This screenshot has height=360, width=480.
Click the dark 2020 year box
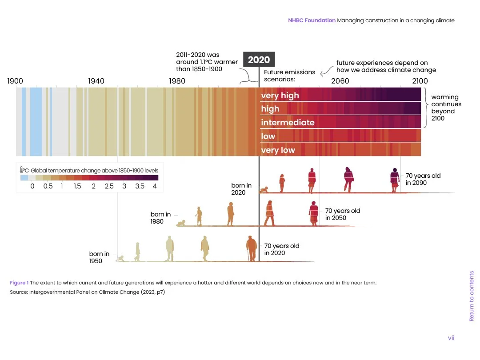pos(259,60)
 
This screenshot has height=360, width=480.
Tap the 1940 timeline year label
pos(96,81)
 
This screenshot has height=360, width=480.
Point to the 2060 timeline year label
pos(340,81)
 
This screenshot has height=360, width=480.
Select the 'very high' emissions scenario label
pos(280,96)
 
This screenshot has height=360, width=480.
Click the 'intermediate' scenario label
pos(288,123)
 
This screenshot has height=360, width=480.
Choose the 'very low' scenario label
pos(278,150)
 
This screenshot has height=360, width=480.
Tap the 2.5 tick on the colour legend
pos(109,186)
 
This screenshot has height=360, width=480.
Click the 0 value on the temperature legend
pos(32,186)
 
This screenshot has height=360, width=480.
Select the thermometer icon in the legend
pos(22,170)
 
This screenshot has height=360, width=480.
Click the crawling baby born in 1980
pos(181,223)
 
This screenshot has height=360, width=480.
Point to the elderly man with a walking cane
pos(251,248)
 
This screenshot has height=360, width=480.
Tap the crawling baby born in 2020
pos(264,190)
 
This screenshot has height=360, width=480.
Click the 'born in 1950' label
pos(99,257)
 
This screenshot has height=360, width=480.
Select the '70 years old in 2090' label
pos(423,179)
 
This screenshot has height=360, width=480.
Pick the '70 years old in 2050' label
pos(343,214)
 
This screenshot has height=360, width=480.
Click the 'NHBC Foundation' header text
pos(312,20)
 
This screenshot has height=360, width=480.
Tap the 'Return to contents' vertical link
pos(472,296)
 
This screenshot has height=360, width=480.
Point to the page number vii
pos(451,338)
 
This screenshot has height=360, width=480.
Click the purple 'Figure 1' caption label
pos(19,283)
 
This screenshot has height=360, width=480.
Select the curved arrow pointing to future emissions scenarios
pos(326,71)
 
